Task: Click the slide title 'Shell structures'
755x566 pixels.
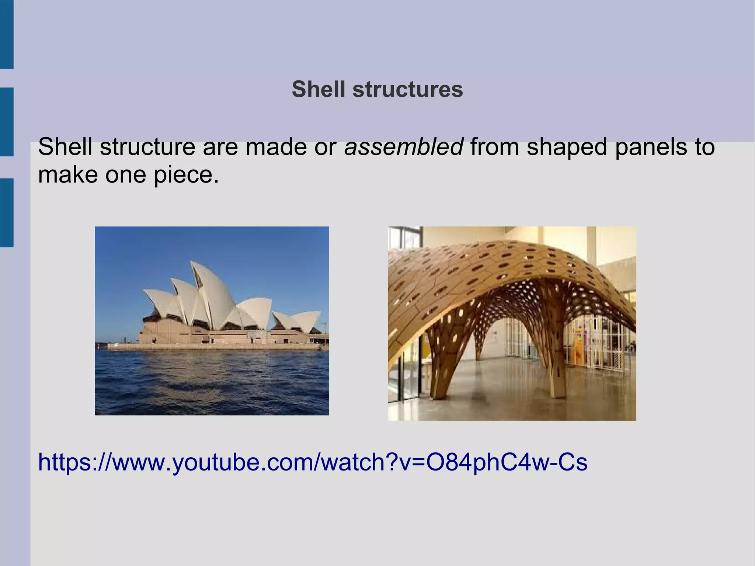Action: (377, 89)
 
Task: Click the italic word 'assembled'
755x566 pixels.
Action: (403, 147)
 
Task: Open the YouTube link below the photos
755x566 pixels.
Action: (313, 462)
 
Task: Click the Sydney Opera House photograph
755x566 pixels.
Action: (212, 320)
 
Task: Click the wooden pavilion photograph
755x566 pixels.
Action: (512, 323)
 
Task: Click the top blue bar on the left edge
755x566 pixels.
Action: (7, 34)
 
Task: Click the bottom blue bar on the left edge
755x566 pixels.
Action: (7, 212)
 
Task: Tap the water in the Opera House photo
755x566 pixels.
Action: (212, 383)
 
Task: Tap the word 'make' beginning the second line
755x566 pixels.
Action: (68, 174)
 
